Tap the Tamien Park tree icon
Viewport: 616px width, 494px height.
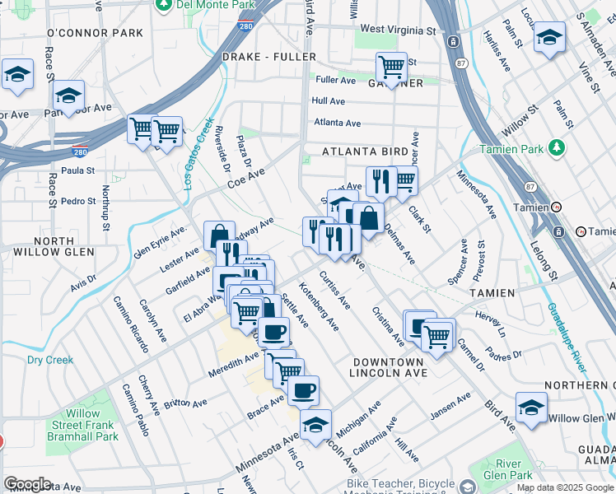click(558, 148)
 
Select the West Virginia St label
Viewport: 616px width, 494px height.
click(398, 30)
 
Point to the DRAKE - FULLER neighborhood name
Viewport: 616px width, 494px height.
click(257, 57)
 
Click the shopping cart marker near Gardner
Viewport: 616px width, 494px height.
click(391, 66)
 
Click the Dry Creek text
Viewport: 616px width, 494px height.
click(50, 360)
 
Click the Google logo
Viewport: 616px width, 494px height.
click(27, 483)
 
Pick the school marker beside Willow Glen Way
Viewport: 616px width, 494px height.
click(531, 407)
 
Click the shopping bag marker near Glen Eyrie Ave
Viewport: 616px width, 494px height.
click(219, 236)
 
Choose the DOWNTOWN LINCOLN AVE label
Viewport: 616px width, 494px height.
click(387, 368)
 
